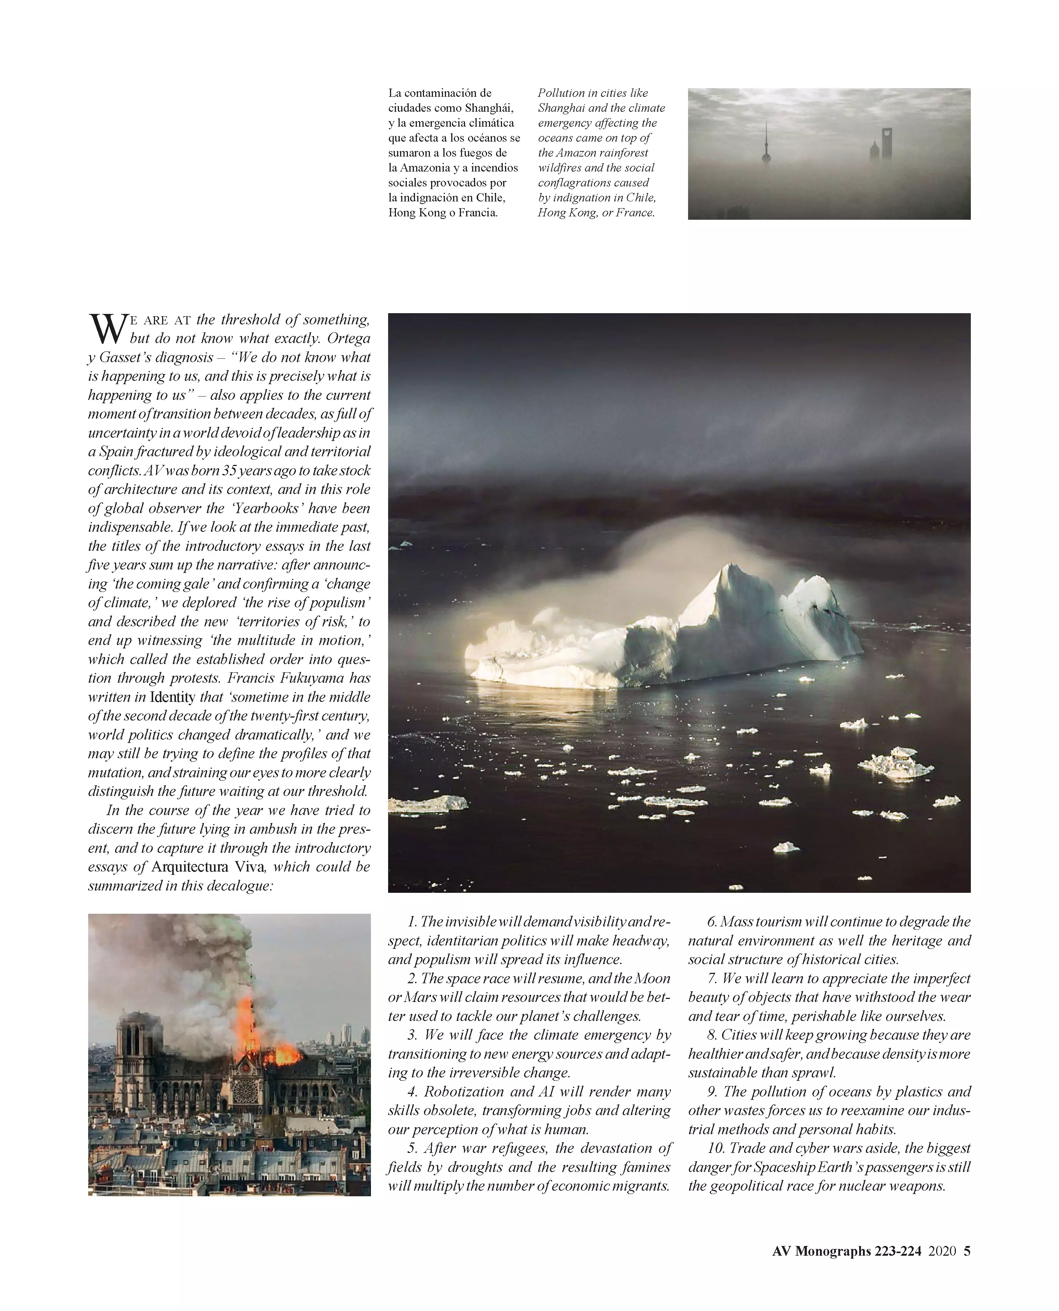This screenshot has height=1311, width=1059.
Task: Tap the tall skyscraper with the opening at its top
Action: click(x=886, y=144)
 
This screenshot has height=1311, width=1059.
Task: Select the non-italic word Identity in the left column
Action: click(x=173, y=697)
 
